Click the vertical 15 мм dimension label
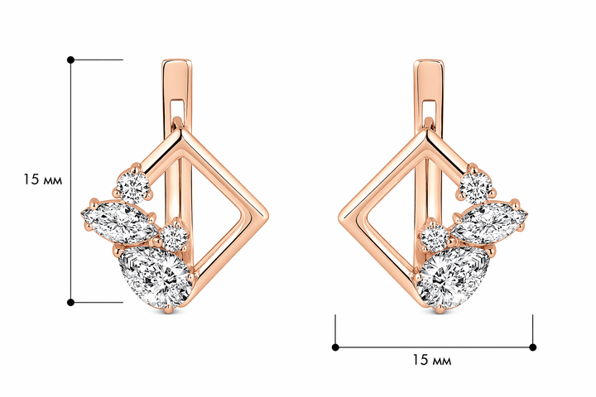[x=42, y=179]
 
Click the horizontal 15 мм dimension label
[x=432, y=360]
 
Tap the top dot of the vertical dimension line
[x=70, y=60]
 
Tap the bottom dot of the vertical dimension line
[x=70, y=303]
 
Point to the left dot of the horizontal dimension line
[x=335, y=347]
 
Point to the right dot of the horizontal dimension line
[x=533, y=347]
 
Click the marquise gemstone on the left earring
[x=119, y=222]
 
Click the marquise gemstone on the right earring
[x=489, y=223]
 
